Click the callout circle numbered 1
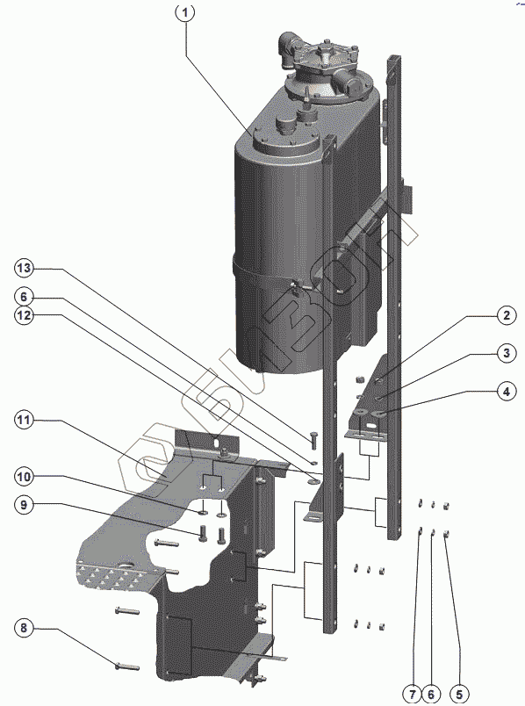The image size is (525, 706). tap(184, 12)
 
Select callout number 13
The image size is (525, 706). tap(24, 269)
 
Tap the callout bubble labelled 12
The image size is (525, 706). tap(24, 315)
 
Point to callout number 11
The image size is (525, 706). tap(24, 420)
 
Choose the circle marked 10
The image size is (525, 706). tap(24, 476)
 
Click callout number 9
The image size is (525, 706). tap(24, 505)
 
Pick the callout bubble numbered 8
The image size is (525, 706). tap(24, 628)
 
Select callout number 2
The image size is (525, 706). tap(506, 315)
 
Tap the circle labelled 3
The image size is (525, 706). tap(506, 352)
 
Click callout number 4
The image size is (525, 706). tap(506, 392)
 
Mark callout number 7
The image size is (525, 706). tap(413, 694)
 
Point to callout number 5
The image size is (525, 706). tap(458, 694)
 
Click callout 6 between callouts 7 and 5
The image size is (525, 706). tap(431, 694)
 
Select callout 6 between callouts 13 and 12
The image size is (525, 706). tap(24, 297)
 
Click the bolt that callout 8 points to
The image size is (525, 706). tap(127, 666)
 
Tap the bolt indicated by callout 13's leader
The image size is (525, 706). tap(313, 439)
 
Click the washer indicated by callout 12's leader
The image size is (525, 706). tap(313, 481)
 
